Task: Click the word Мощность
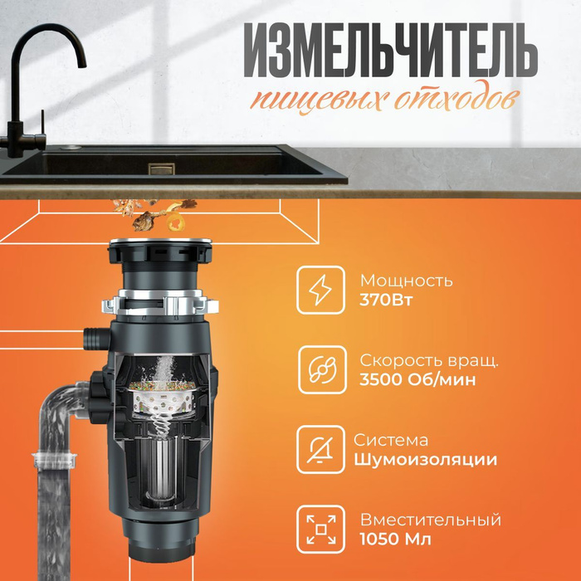point(406,281)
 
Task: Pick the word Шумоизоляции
point(426,460)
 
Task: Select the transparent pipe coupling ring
point(54,457)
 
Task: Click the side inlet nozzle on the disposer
point(93,339)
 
